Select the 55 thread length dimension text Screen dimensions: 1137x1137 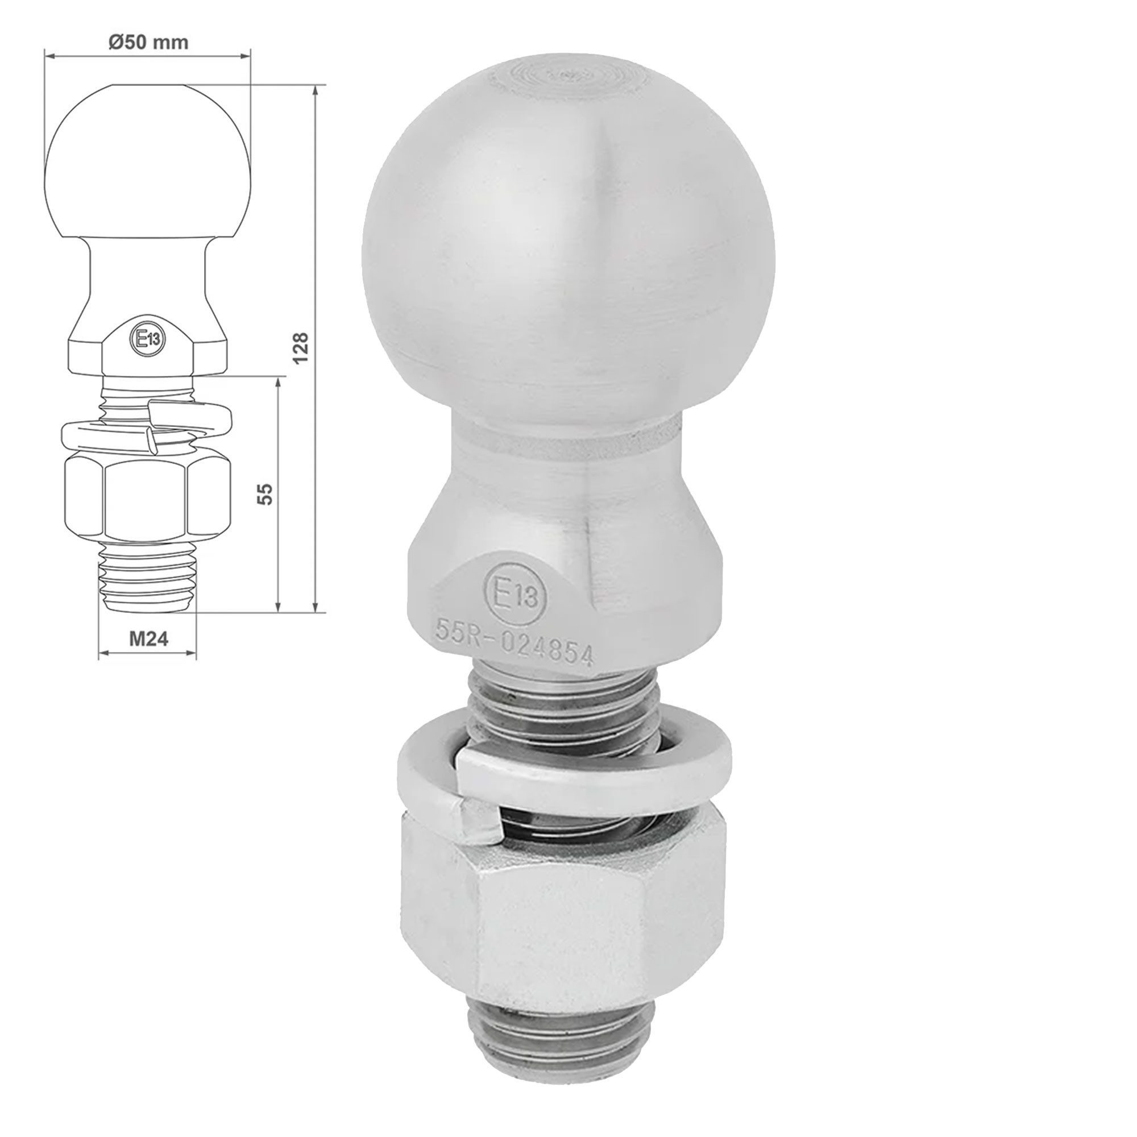coord(266,493)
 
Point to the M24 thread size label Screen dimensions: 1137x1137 coord(148,638)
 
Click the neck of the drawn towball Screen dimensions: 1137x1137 coord(148,271)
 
